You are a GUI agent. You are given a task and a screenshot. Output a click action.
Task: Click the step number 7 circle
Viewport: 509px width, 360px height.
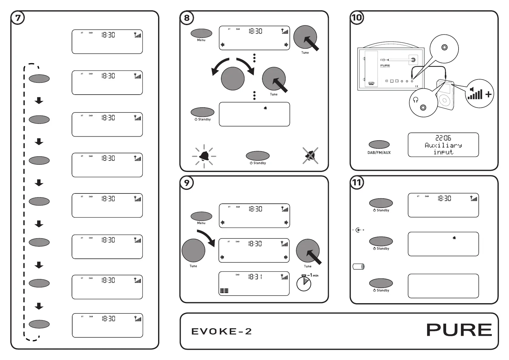point(18,18)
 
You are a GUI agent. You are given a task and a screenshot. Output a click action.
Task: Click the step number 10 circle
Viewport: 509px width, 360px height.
point(357,18)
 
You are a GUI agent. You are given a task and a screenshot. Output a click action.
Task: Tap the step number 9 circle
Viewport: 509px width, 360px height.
point(187,183)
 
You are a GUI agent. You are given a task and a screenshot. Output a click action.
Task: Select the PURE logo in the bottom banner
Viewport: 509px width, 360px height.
point(459,330)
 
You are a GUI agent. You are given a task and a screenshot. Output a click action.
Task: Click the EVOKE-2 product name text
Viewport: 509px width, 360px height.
point(222,332)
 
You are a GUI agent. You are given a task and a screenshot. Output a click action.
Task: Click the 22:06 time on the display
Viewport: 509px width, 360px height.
point(443,138)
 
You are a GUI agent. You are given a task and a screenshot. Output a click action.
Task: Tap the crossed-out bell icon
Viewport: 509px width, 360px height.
point(310,156)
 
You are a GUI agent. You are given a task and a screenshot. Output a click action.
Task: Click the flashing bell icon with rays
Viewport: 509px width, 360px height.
point(204,156)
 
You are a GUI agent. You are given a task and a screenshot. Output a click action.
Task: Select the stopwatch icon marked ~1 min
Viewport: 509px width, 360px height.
point(304,283)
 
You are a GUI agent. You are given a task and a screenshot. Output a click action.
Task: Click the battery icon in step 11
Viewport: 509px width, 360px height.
point(358,267)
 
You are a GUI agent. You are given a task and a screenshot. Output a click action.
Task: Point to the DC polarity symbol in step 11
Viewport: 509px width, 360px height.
point(358,230)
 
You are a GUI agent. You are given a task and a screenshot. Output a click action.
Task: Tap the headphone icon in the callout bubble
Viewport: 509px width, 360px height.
point(416,100)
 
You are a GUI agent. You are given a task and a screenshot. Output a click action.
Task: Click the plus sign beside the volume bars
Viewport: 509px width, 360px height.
point(488,94)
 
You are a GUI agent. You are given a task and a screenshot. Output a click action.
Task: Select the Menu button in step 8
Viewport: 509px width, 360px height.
point(201,33)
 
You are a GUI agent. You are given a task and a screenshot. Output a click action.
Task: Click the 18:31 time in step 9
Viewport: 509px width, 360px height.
point(255,277)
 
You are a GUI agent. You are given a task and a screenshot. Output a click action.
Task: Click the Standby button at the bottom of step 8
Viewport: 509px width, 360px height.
point(258,156)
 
